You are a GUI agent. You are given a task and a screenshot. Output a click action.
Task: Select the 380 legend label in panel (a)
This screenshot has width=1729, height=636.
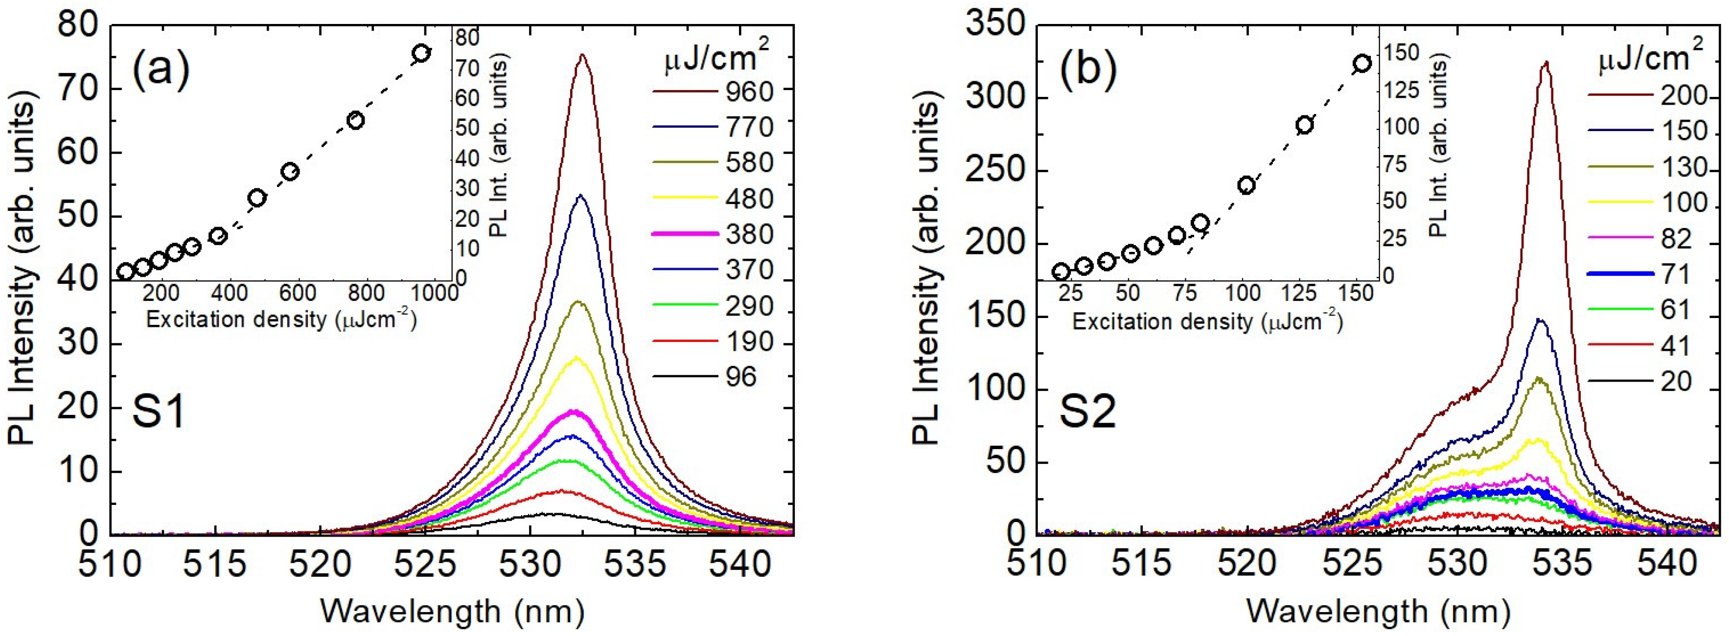[x=749, y=234]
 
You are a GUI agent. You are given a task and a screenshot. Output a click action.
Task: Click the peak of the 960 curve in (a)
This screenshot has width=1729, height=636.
[x=582, y=56]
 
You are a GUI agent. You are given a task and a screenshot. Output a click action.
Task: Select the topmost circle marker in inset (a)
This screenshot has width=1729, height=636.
[x=421, y=53]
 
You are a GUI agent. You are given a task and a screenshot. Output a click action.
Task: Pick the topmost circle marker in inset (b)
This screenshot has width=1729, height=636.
[x=1362, y=64]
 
